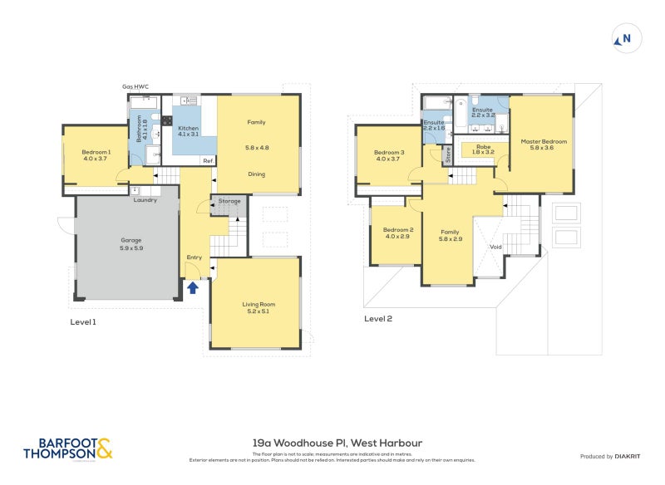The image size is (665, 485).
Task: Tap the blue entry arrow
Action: (193, 288)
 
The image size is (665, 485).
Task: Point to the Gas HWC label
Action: (136, 86)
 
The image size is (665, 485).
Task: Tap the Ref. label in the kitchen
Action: (208, 160)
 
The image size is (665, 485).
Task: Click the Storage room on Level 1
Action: (229, 201)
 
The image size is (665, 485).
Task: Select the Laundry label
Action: (145, 199)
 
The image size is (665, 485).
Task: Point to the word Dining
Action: (257, 174)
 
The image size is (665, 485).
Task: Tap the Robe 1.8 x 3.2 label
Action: (483, 149)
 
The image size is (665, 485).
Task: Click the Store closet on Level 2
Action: (447, 154)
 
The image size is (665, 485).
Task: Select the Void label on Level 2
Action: (495, 247)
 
